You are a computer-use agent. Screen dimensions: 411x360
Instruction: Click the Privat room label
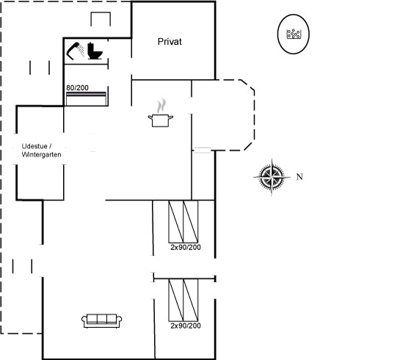pos(170,42)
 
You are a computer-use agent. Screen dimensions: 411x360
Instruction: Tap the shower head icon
pos(73,51)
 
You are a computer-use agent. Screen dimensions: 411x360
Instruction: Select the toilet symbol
pos(95,51)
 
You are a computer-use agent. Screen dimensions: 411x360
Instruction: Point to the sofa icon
pos(102,320)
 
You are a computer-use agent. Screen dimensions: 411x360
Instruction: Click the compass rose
pos(272,177)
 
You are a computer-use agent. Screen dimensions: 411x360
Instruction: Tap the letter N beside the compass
pos(299,177)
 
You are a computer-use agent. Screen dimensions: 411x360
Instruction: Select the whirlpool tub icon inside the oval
pos(294,34)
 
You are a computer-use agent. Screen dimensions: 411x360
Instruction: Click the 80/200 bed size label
pos(77,88)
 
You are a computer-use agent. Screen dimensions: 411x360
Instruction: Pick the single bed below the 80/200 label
pos(87,99)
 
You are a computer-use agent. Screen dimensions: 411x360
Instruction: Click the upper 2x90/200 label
pos(186,247)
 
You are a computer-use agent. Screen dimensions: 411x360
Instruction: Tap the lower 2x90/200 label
pos(186,326)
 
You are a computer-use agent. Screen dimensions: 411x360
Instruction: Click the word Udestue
pos(34,146)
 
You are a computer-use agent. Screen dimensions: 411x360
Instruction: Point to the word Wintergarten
pos(41,155)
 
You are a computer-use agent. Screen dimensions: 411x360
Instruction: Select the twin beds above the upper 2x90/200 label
pos(183,221)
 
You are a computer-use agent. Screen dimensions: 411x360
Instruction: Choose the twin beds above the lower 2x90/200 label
pos(183,300)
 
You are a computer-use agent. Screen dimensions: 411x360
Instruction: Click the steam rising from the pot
pos(161,106)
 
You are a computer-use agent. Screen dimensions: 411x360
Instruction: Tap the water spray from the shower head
pos(81,50)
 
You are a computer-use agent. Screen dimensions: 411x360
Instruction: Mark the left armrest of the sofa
pos(84,322)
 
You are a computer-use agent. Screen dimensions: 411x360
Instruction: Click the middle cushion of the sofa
pos(102,319)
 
